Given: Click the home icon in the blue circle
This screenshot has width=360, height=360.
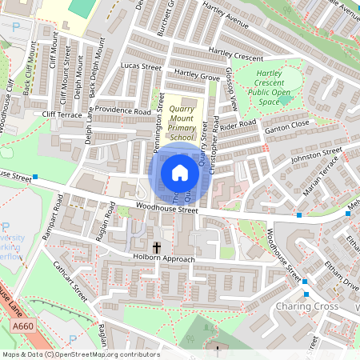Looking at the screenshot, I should [180, 172].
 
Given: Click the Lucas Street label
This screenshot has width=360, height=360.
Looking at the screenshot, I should [141, 67].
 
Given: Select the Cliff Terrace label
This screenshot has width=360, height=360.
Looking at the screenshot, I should [62, 115].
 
